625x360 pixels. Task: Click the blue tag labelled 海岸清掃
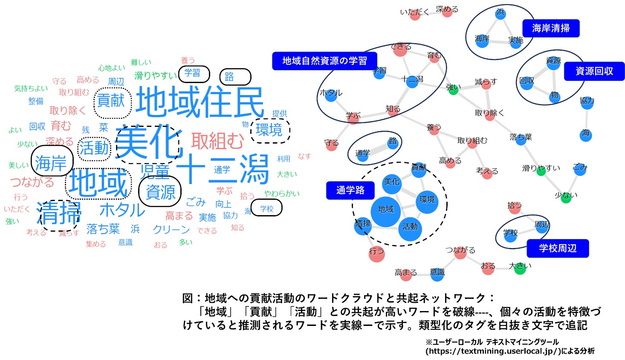coord(550,29)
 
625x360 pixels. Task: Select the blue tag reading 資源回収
coord(594,71)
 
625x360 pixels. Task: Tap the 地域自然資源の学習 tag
coord(324,61)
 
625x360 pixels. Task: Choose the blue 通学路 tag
coord(350,190)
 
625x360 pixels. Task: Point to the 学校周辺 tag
coord(557,248)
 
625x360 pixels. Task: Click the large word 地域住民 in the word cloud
coord(200,102)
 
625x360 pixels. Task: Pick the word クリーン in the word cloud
coord(171,230)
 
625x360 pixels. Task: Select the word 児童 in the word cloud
coord(155,171)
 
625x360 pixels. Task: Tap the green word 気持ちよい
coord(31,89)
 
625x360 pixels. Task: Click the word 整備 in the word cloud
coord(36,101)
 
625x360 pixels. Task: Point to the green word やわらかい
coord(282,194)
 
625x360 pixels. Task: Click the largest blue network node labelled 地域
coord(385,209)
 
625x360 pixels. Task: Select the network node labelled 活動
coord(410,227)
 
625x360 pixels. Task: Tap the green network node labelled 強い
coord(454,89)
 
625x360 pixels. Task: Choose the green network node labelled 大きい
coord(520,268)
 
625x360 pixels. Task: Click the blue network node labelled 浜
coord(501,13)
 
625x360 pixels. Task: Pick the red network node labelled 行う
coord(376,253)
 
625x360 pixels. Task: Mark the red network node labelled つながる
coord(460,251)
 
